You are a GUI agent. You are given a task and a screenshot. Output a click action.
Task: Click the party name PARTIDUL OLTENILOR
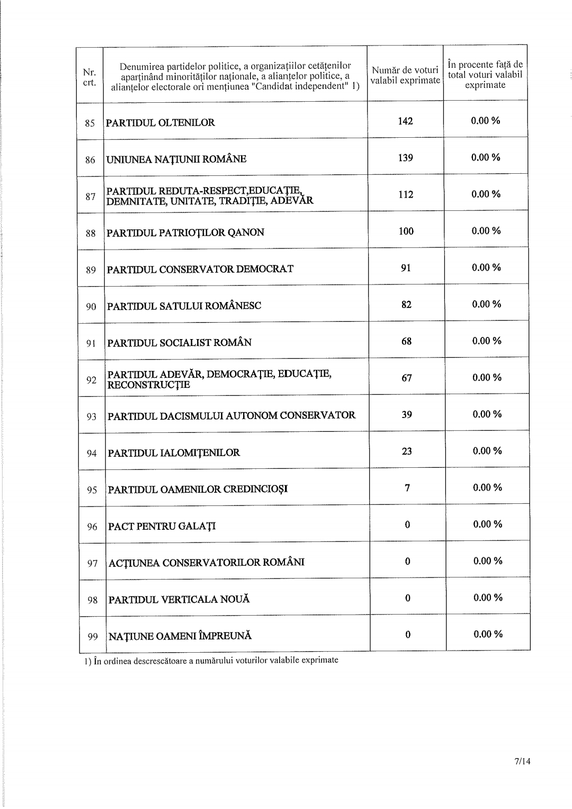tap(160, 123)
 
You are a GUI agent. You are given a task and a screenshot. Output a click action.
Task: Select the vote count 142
tap(405, 121)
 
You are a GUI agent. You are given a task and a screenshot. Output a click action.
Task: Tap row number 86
tap(90, 159)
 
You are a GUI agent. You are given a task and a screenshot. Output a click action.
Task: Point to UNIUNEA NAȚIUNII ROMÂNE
tap(176, 159)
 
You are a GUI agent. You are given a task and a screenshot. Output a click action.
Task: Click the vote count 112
tap(406, 194)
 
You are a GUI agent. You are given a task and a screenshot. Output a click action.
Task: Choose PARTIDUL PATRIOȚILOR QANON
tap(185, 233)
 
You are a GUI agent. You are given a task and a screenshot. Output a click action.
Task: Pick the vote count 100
tap(406, 232)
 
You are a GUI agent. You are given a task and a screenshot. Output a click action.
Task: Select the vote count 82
tap(406, 305)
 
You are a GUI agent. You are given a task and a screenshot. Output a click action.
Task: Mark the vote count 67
tap(407, 378)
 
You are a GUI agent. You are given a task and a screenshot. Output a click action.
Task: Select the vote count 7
tap(407, 488)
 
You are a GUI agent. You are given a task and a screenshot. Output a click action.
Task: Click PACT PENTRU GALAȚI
tap(162, 527)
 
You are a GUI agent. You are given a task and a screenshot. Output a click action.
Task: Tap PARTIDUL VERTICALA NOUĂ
tap(179, 600)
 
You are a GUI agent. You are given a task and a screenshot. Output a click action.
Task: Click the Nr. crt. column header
tap(89, 77)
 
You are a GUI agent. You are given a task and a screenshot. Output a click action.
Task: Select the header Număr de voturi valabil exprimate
tap(405, 75)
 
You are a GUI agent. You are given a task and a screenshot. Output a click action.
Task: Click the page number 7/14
tap(522, 761)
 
